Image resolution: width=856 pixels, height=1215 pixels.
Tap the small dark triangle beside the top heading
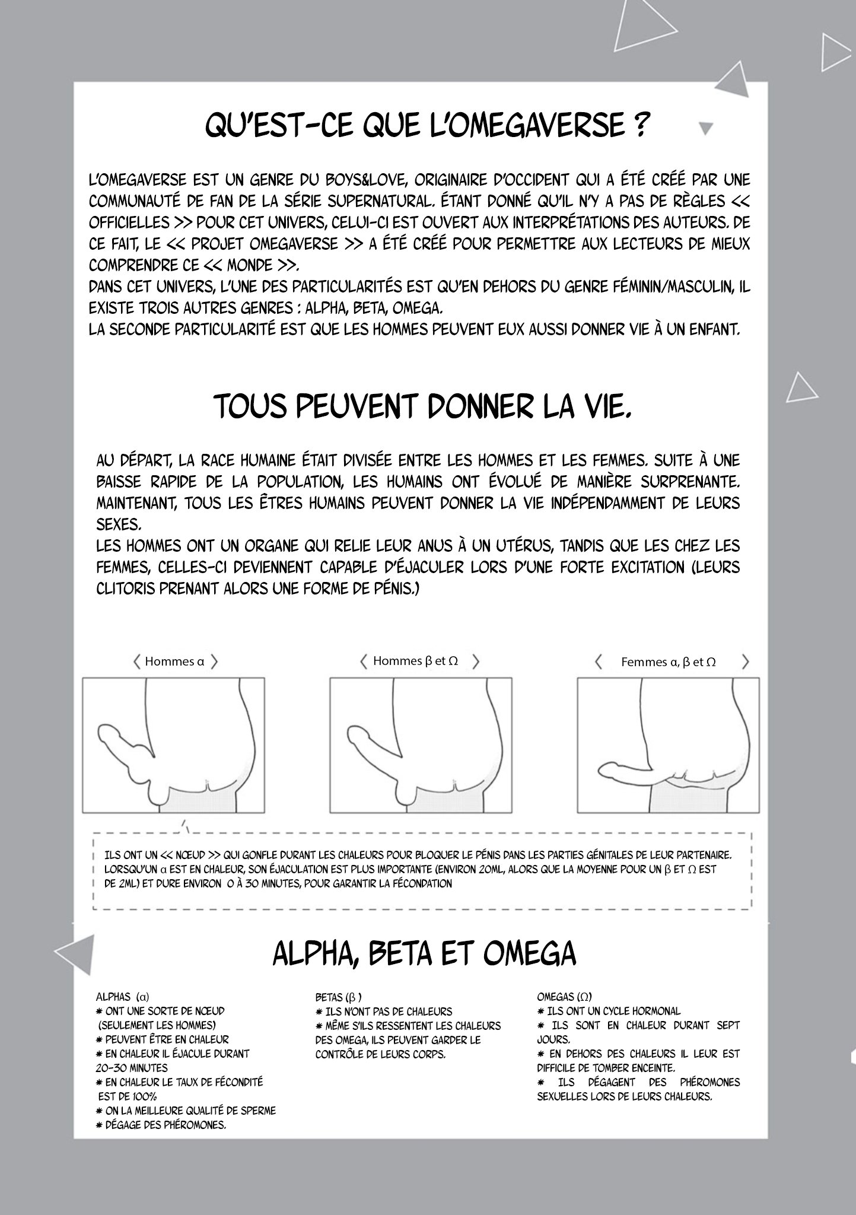[706, 128]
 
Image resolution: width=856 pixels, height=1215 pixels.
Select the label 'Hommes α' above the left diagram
[174, 661]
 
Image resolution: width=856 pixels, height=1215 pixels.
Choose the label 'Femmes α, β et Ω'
[668, 662]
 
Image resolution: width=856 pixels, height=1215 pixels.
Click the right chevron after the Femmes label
[746, 662]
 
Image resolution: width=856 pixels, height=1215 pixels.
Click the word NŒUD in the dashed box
[190, 855]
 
